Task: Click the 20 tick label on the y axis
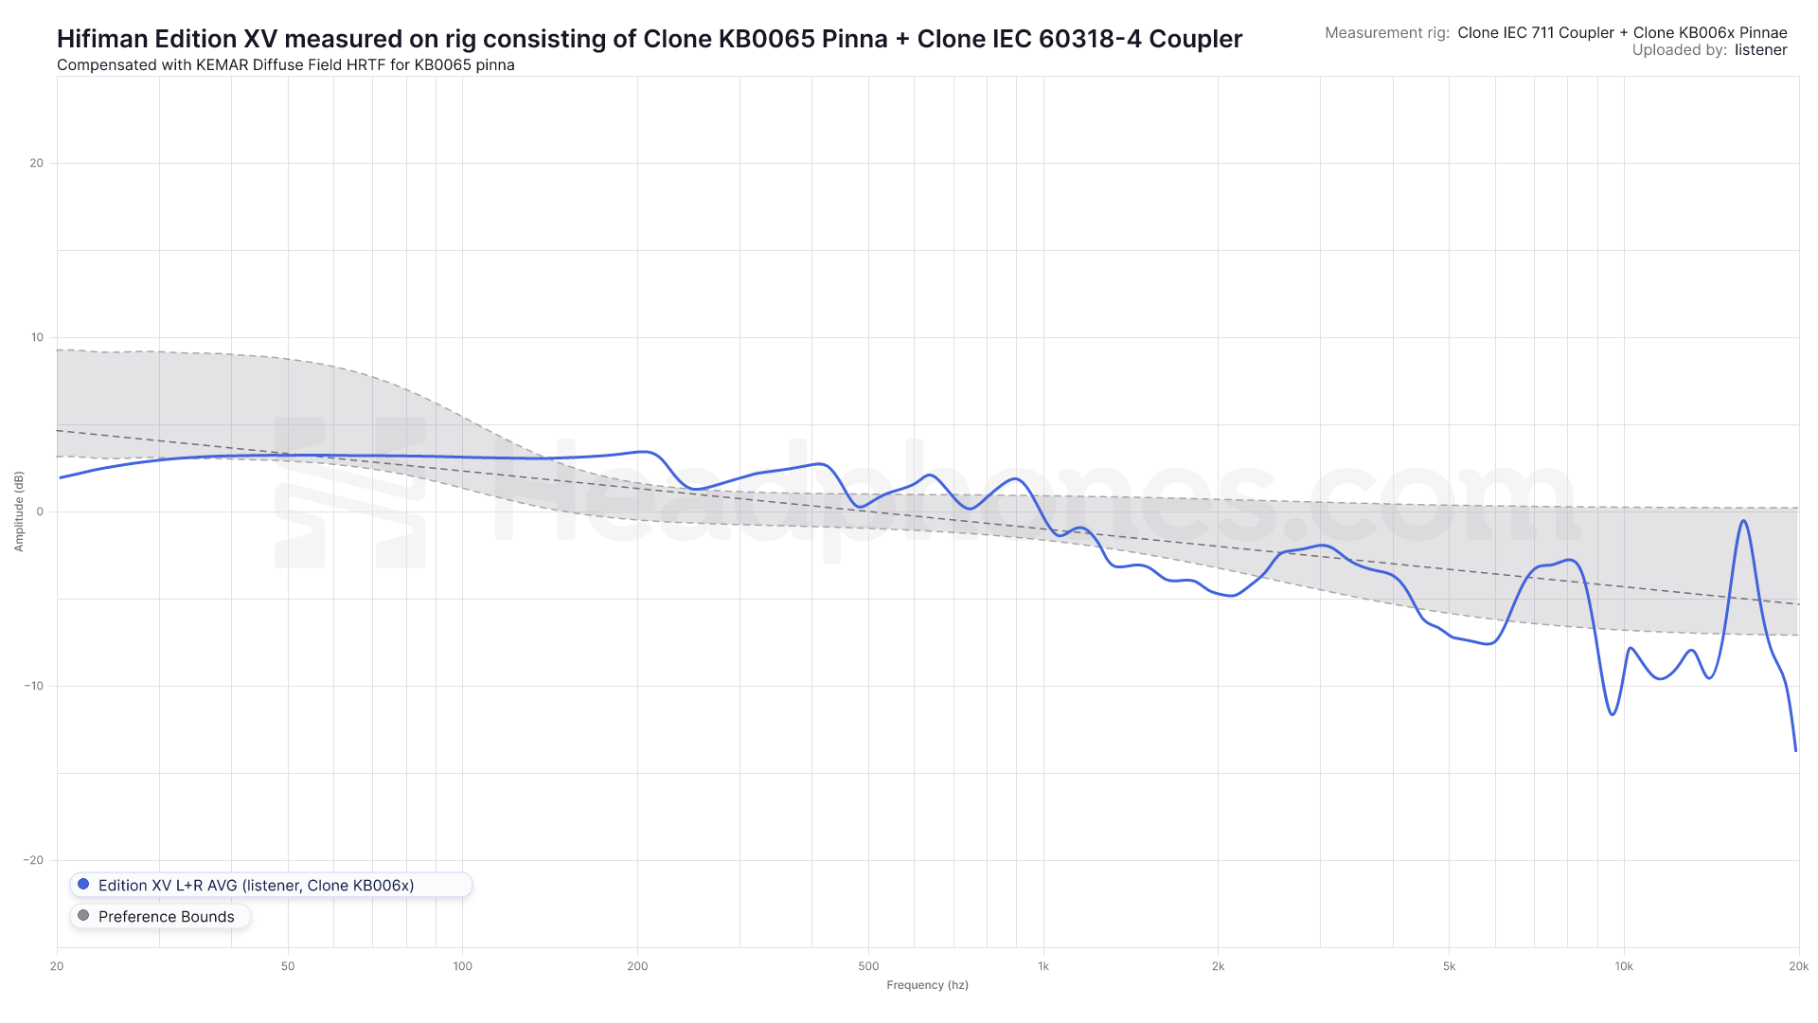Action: (x=36, y=163)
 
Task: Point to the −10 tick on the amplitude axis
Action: (x=34, y=686)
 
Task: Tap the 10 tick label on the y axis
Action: (x=36, y=337)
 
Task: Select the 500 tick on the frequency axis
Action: (x=868, y=966)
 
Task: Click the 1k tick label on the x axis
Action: (x=1043, y=966)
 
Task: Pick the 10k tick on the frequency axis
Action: (x=1623, y=966)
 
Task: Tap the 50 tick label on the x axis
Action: (x=288, y=966)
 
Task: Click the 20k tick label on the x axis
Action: (x=1798, y=966)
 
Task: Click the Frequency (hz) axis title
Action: (x=927, y=985)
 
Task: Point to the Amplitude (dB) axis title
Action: (x=19, y=511)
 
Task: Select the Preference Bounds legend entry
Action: (x=166, y=917)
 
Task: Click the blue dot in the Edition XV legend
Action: (x=83, y=885)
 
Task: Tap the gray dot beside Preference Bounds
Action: (x=83, y=916)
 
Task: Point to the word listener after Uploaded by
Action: (x=1760, y=50)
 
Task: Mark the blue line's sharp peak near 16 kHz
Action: (x=1742, y=521)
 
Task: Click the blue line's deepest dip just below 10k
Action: (x=1612, y=714)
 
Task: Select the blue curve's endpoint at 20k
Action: (x=1795, y=750)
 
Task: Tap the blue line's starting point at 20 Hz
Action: (x=60, y=477)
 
